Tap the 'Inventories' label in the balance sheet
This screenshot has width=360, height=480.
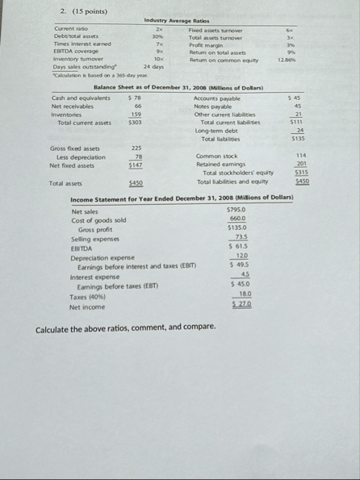click(x=68, y=113)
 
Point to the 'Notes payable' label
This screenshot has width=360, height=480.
click(x=212, y=105)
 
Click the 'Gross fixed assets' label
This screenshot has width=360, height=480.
click(x=74, y=149)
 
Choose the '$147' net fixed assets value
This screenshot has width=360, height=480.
click(x=136, y=165)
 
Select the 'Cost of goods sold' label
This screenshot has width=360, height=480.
click(x=98, y=219)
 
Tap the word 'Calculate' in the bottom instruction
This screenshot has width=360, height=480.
click(x=55, y=328)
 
